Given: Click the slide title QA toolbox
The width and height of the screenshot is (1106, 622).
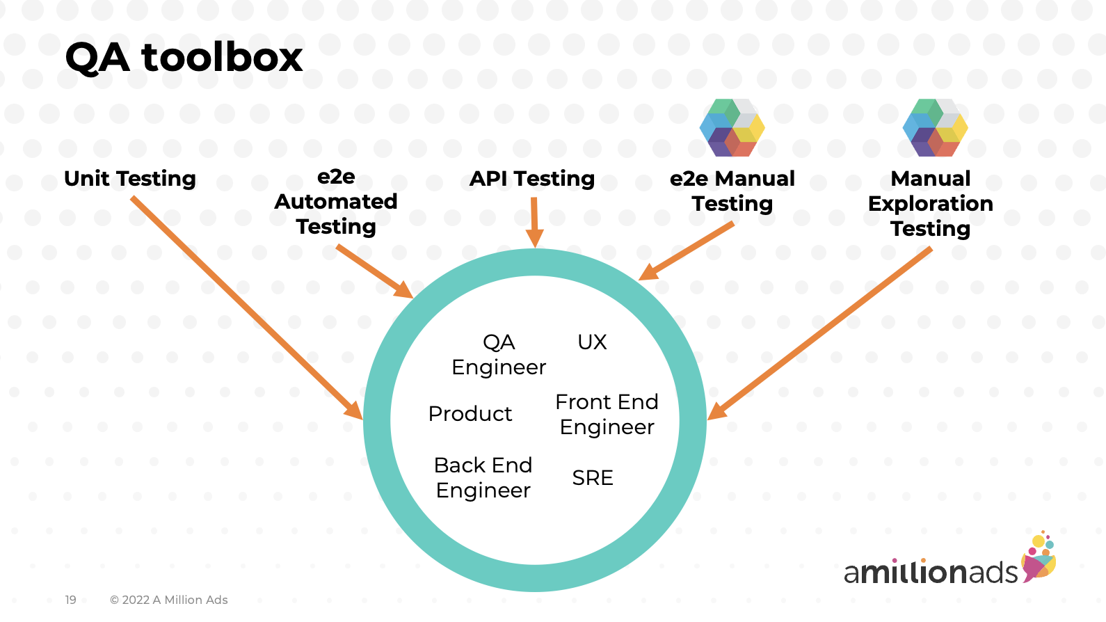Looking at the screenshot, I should click(184, 57).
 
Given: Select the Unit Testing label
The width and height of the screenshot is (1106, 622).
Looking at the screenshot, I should click(130, 179).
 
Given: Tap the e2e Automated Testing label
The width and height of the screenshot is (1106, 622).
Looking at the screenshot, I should click(336, 202).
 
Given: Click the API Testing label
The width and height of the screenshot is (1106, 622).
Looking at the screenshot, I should click(532, 179).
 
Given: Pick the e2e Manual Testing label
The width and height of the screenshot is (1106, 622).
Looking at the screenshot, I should click(732, 191).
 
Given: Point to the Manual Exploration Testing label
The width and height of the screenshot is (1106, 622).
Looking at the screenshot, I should click(930, 203).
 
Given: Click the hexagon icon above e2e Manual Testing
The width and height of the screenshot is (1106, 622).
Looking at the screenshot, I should click(732, 127).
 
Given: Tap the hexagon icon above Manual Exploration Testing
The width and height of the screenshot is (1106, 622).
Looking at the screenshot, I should click(935, 127).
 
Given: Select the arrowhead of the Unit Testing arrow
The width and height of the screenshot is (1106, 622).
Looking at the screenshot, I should click(355, 411).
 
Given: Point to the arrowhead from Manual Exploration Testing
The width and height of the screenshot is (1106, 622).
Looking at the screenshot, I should click(716, 412).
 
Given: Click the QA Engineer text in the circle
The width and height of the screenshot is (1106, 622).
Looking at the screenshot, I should click(499, 354).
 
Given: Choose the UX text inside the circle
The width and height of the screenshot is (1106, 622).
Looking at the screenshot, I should click(592, 342).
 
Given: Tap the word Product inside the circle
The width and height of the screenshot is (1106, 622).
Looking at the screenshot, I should click(470, 414).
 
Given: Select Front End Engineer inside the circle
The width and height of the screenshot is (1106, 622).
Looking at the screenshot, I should click(607, 414).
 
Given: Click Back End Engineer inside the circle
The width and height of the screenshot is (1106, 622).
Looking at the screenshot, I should click(483, 477).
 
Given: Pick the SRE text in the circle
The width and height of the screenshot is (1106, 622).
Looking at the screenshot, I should click(593, 478).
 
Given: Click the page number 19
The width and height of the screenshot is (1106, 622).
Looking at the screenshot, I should click(70, 600).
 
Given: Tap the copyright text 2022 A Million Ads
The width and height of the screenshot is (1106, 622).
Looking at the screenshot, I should click(169, 600).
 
